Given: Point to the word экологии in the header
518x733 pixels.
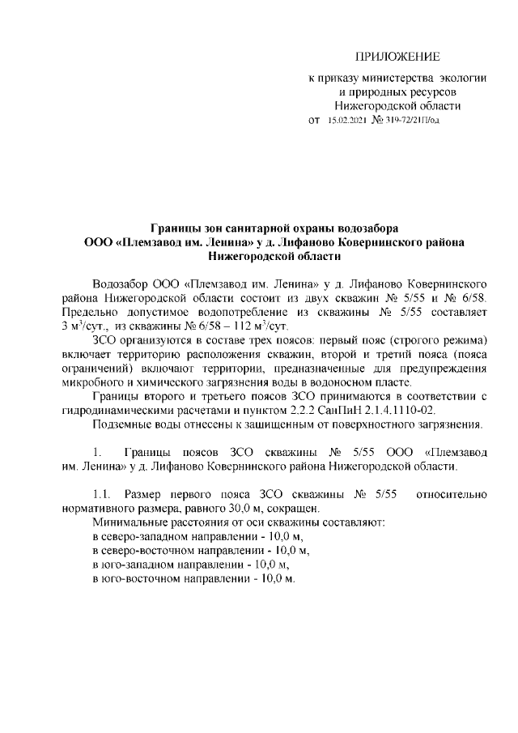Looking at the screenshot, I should click(462, 79).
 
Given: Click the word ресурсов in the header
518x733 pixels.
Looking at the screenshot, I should click(435, 92).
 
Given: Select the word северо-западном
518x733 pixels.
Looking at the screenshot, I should click(151, 536).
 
